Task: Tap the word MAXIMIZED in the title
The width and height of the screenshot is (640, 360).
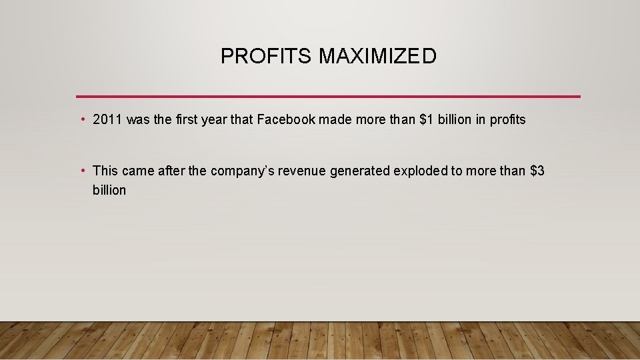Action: pos(377,57)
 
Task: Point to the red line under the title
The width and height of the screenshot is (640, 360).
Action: pos(328,97)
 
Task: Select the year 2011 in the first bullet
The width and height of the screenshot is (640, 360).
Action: pos(107,120)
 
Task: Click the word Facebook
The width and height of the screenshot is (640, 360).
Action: pos(286,120)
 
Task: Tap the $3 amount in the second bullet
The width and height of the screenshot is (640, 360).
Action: pos(537,171)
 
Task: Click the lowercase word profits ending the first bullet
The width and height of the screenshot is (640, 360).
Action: pos(507,120)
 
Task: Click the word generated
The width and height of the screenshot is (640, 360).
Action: pos(359,171)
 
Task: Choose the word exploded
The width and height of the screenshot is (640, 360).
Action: pos(420,171)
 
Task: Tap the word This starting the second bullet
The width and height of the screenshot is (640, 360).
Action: pos(105,171)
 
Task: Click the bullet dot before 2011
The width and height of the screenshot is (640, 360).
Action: pos(81,120)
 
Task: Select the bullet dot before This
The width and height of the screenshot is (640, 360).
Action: pos(81,171)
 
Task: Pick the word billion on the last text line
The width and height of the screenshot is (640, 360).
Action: pos(109,190)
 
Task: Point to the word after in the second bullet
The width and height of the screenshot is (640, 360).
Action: pos(171,171)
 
